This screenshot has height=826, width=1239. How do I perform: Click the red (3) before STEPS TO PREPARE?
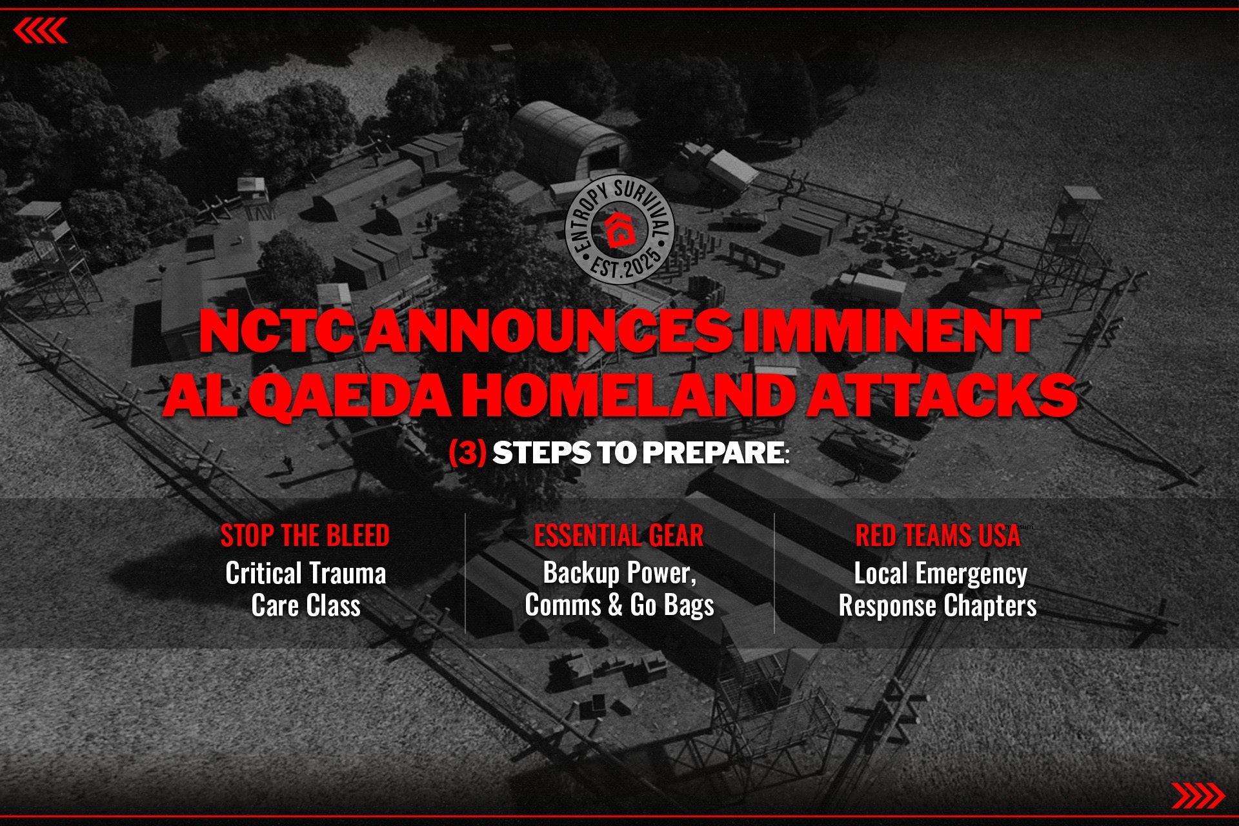coord(467,453)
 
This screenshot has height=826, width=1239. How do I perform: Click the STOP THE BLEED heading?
coord(305,536)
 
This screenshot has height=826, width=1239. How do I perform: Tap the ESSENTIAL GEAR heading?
coord(619,536)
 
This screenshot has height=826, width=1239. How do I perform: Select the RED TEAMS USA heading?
coord(938,536)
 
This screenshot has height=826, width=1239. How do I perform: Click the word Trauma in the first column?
coord(347,573)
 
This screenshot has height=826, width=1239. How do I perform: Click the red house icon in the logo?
coord(619,229)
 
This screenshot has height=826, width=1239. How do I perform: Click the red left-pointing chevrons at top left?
coord(40,30)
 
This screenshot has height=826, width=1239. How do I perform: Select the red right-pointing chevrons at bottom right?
coord(1198,796)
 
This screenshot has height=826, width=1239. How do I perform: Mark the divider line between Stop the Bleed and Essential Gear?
coord(465,573)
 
